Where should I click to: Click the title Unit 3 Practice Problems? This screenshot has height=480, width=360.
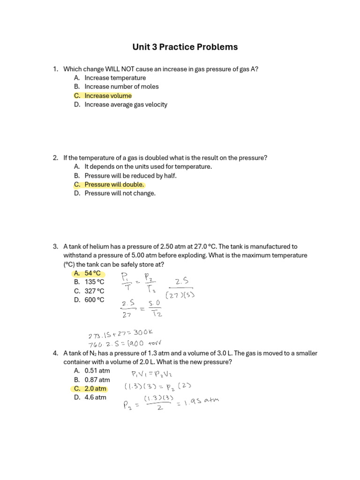(x=185, y=47)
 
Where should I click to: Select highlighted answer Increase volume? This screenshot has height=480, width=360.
(x=108, y=96)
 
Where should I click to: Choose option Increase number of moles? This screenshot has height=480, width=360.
(x=121, y=87)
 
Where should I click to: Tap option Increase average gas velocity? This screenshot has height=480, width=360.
(x=126, y=105)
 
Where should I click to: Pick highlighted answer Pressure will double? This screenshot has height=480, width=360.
(x=114, y=184)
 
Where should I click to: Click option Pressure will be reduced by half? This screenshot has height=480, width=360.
(x=130, y=176)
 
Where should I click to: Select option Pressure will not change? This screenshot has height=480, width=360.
(x=120, y=193)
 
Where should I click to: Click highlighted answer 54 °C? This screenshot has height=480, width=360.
(x=92, y=273)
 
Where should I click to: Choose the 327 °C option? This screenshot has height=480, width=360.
(x=94, y=291)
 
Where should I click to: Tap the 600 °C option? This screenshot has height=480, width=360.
(x=94, y=300)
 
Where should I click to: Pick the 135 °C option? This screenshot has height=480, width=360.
(x=94, y=282)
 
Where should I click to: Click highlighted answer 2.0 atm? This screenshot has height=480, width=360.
(x=95, y=389)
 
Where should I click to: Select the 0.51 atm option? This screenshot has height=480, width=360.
(x=97, y=371)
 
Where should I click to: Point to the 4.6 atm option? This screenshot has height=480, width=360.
(x=95, y=397)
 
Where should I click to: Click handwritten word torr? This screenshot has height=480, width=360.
(x=157, y=344)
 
